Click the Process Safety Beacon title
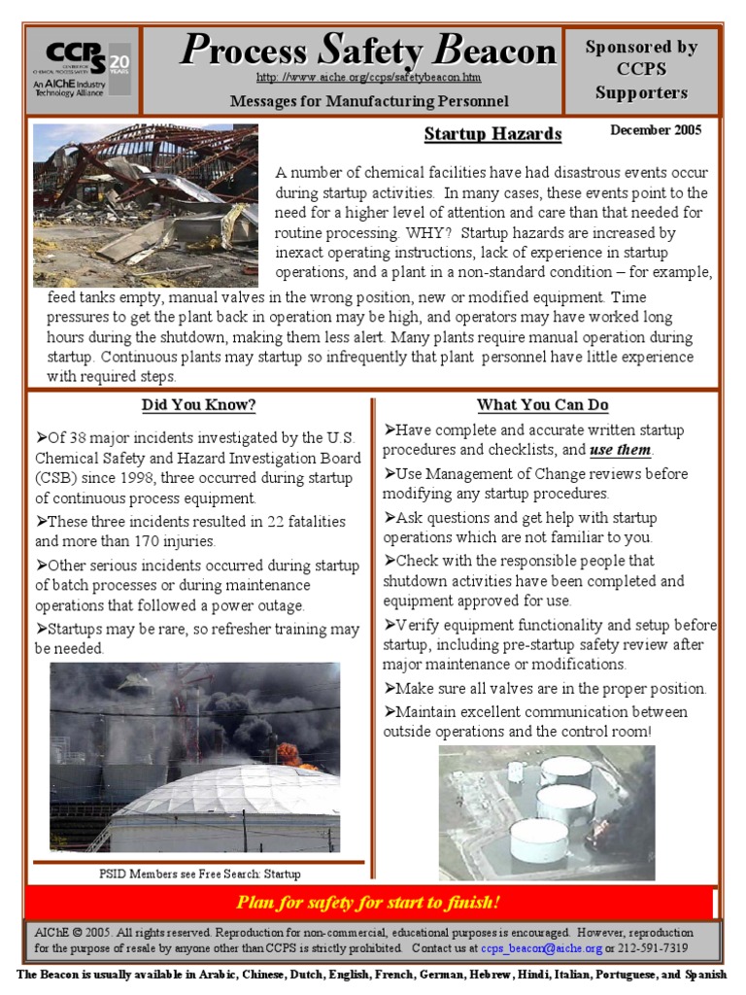[368, 51]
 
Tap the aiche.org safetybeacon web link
[368, 77]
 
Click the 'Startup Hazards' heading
[492, 133]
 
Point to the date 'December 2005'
[655, 129]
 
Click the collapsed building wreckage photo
[146, 204]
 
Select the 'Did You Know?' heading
[198, 405]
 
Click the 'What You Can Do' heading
[542, 404]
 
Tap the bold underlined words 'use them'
[622, 451]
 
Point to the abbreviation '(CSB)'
[56, 477]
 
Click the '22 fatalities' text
[302, 522]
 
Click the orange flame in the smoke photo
[288, 751]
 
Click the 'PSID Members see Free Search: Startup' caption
[199, 874]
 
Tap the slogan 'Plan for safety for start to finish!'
[368, 903]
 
